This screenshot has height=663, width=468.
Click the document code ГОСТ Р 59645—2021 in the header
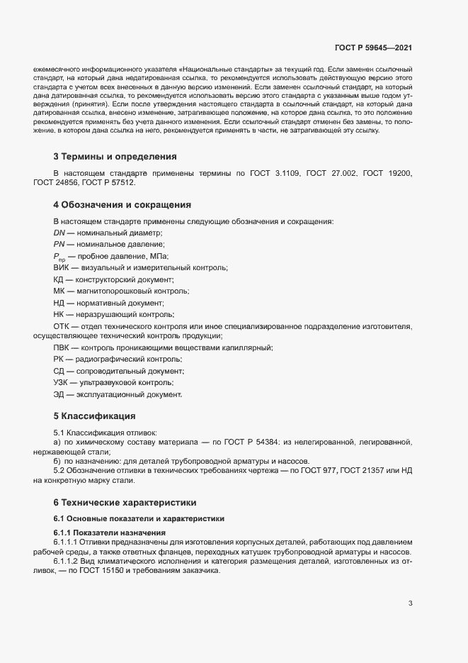(x=372, y=48)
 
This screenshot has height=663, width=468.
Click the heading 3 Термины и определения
(x=115, y=156)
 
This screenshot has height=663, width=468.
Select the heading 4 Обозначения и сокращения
(x=122, y=205)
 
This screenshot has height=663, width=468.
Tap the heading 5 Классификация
(x=94, y=416)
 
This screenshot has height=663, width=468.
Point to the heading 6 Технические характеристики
(x=125, y=502)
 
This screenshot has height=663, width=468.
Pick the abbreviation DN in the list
(x=59, y=233)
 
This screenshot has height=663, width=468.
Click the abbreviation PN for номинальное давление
(x=59, y=244)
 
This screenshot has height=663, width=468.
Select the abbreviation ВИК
(x=62, y=268)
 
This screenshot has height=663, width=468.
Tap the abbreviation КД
(x=59, y=279)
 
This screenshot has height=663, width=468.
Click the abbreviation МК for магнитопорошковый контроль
(x=59, y=291)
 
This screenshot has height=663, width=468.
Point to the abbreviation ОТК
(x=62, y=326)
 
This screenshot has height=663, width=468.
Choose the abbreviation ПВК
(x=62, y=347)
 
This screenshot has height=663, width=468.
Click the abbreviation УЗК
(x=61, y=383)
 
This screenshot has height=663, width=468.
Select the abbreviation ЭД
(x=59, y=394)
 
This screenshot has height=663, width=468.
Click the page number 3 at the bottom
(x=410, y=603)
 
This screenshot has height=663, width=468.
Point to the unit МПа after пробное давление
(x=158, y=256)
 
